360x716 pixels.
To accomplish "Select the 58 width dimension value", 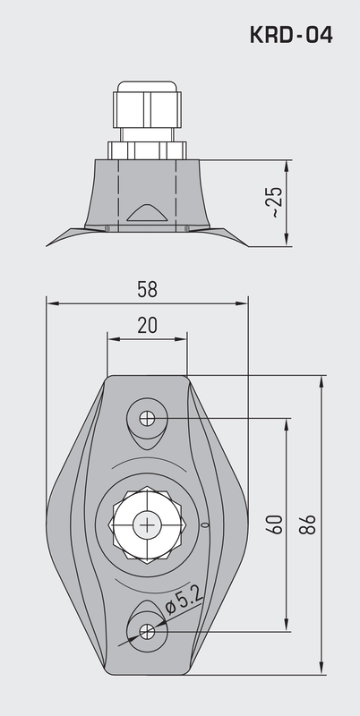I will click(147, 289).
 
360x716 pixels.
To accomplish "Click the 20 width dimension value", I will click(147, 325).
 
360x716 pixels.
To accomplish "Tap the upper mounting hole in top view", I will click(147, 418).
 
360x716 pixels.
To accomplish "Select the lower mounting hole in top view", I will click(147, 631).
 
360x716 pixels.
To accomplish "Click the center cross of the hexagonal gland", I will click(147, 524).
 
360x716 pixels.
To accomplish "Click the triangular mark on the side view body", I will click(147, 212).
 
